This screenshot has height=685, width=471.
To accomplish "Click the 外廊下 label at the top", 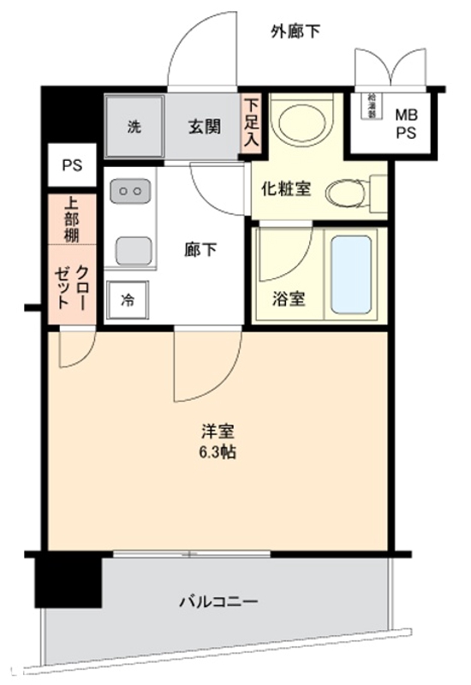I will (295, 33).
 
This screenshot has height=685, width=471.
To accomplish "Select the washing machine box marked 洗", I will (134, 128).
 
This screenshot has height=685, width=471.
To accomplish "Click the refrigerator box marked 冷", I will (127, 300).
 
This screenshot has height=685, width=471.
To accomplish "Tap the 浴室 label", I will (285, 301).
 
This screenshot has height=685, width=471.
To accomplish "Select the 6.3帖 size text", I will (215, 452).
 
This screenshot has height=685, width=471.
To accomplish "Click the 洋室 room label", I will (215, 432).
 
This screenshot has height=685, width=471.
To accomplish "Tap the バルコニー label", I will (218, 601).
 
